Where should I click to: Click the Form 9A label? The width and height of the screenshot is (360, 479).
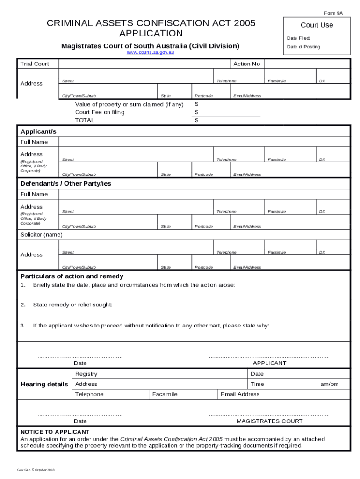coord(333,13)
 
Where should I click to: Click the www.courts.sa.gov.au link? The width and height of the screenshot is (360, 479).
coord(151,53)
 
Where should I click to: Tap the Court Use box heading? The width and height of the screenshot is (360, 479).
coord(317,25)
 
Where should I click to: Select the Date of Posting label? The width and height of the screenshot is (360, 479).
coord(303,47)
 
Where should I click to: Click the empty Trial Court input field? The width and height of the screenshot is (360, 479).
coord(144,64)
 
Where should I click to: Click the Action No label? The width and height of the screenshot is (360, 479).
coord(246,64)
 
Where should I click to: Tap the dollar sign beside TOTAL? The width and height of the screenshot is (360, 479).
coord(197,120)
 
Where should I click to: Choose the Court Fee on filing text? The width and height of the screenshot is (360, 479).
coord(100,112)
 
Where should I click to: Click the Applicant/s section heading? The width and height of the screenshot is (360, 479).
coord(38,132)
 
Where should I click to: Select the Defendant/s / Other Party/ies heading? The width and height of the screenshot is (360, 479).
coord(65,184)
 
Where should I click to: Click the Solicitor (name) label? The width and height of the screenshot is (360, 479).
coord(41,235)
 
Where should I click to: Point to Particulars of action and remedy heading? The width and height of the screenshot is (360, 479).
coord(72,276)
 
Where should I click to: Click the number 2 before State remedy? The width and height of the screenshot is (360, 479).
coord(22,305)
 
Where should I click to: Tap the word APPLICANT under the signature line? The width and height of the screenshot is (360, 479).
coord(269,363)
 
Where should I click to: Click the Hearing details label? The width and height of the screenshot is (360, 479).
coord(44,384)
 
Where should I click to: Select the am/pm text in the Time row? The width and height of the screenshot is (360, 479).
coord(329,384)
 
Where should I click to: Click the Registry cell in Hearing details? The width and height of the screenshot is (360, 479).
coord(86,374)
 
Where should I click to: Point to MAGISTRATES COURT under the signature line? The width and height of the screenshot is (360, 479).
coord(269,421)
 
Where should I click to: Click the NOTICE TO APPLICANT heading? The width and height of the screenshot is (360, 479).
coord(55,432)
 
